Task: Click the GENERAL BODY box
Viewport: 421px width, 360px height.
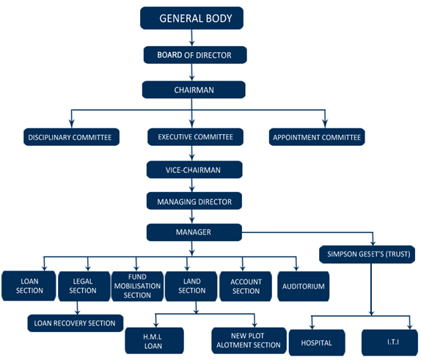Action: pos(191,17)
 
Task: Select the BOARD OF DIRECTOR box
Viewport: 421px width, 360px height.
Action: pos(194,55)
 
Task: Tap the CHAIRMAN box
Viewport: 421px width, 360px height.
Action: pos(194,89)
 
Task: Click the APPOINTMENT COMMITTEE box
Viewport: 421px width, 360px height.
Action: pos(317,137)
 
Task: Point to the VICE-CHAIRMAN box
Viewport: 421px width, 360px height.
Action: pos(194,169)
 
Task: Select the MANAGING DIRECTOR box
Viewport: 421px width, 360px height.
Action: pos(194,201)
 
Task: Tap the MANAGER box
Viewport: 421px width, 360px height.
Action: pos(194,232)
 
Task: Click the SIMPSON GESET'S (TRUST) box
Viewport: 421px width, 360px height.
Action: pos(367,255)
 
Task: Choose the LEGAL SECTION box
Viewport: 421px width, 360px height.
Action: pos(82,286)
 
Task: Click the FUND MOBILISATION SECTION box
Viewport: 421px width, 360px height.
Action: pos(136,286)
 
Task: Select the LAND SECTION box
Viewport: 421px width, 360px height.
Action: pos(191,286)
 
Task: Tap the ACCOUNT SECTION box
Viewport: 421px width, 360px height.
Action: pos(246,286)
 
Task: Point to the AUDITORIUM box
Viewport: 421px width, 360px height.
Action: pos(302,286)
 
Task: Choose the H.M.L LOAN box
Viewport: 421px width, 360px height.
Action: pos(153,340)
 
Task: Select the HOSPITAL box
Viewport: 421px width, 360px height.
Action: pos(316,342)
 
